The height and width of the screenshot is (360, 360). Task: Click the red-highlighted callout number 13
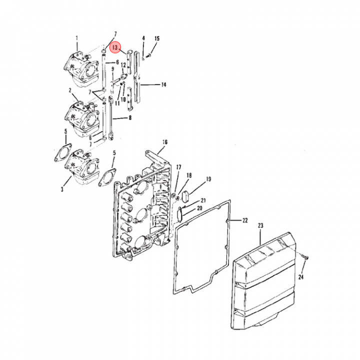(x=115, y=48)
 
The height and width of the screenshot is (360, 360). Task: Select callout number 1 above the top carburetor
(x=76, y=38)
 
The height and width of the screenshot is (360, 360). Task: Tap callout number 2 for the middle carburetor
(x=70, y=90)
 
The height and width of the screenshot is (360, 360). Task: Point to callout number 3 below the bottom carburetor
(x=62, y=189)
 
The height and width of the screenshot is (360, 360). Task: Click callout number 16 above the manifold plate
(x=165, y=142)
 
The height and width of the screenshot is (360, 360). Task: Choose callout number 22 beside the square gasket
(x=245, y=220)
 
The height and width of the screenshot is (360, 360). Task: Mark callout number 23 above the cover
(x=260, y=225)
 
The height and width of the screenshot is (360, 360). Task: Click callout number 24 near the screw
(x=301, y=277)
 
